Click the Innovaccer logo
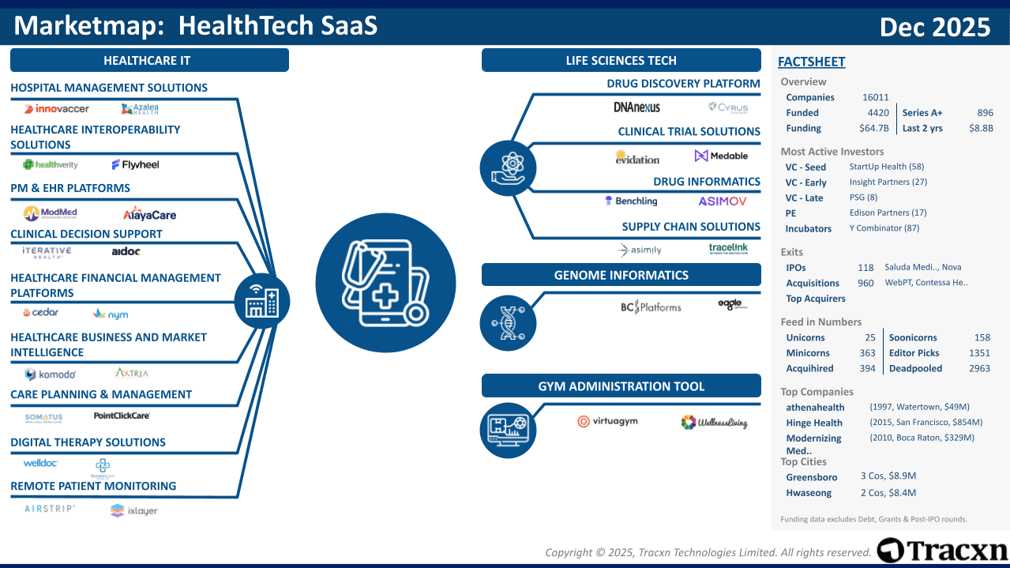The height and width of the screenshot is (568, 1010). (57, 109)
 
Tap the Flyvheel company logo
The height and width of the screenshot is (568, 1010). (135, 164)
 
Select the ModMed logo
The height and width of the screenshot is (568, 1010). (51, 213)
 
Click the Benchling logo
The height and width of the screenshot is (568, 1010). (631, 201)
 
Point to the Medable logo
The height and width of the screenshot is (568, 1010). (721, 156)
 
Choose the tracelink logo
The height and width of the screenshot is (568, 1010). (728, 249)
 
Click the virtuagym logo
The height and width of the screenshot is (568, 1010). (607, 422)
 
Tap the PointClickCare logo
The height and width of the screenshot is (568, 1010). (122, 416)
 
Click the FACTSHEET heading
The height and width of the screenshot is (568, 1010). (811, 62)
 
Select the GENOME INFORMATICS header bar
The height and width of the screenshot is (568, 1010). (621, 275)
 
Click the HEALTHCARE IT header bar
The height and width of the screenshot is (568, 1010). (149, 60)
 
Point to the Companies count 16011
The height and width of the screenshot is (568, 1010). (875, 97)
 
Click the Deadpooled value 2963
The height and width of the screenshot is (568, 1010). (979, 368)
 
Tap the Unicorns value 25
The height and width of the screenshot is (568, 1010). (869, 337)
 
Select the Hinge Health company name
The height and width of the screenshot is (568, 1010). (814, 423)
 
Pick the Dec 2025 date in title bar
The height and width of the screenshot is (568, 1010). (935, 27)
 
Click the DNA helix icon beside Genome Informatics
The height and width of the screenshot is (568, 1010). (508, 323)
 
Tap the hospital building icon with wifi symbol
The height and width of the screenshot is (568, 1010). (262, 301)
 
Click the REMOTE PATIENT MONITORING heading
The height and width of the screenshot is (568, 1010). (93, 486)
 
